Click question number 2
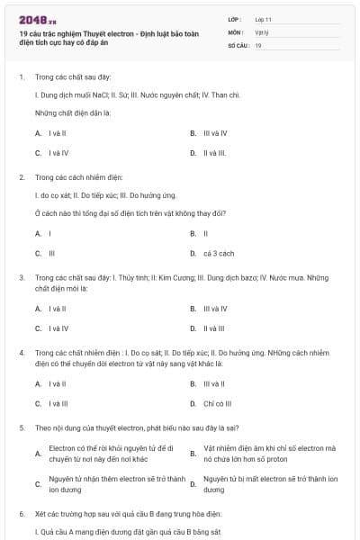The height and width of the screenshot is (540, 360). click(x=21, y=177)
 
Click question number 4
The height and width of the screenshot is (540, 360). click(x=21, y=354)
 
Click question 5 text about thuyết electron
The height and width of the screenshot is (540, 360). click(x=136, y=428)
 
